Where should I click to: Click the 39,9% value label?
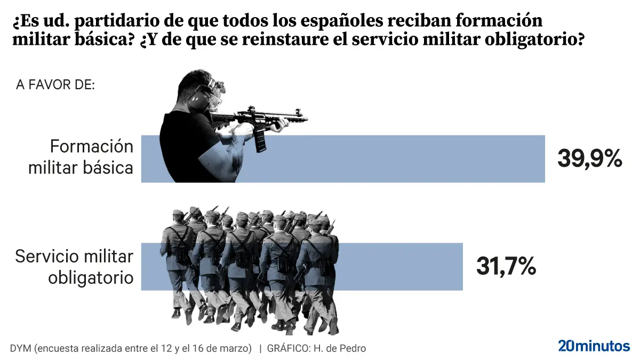tap(590, 158)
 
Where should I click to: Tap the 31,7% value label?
tap(506, 267)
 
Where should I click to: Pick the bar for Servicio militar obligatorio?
tap(395, 267)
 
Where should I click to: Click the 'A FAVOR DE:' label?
tap(55, 85)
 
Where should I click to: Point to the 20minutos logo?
tap(594, 346)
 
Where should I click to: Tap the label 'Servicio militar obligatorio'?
tap(75, 267)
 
